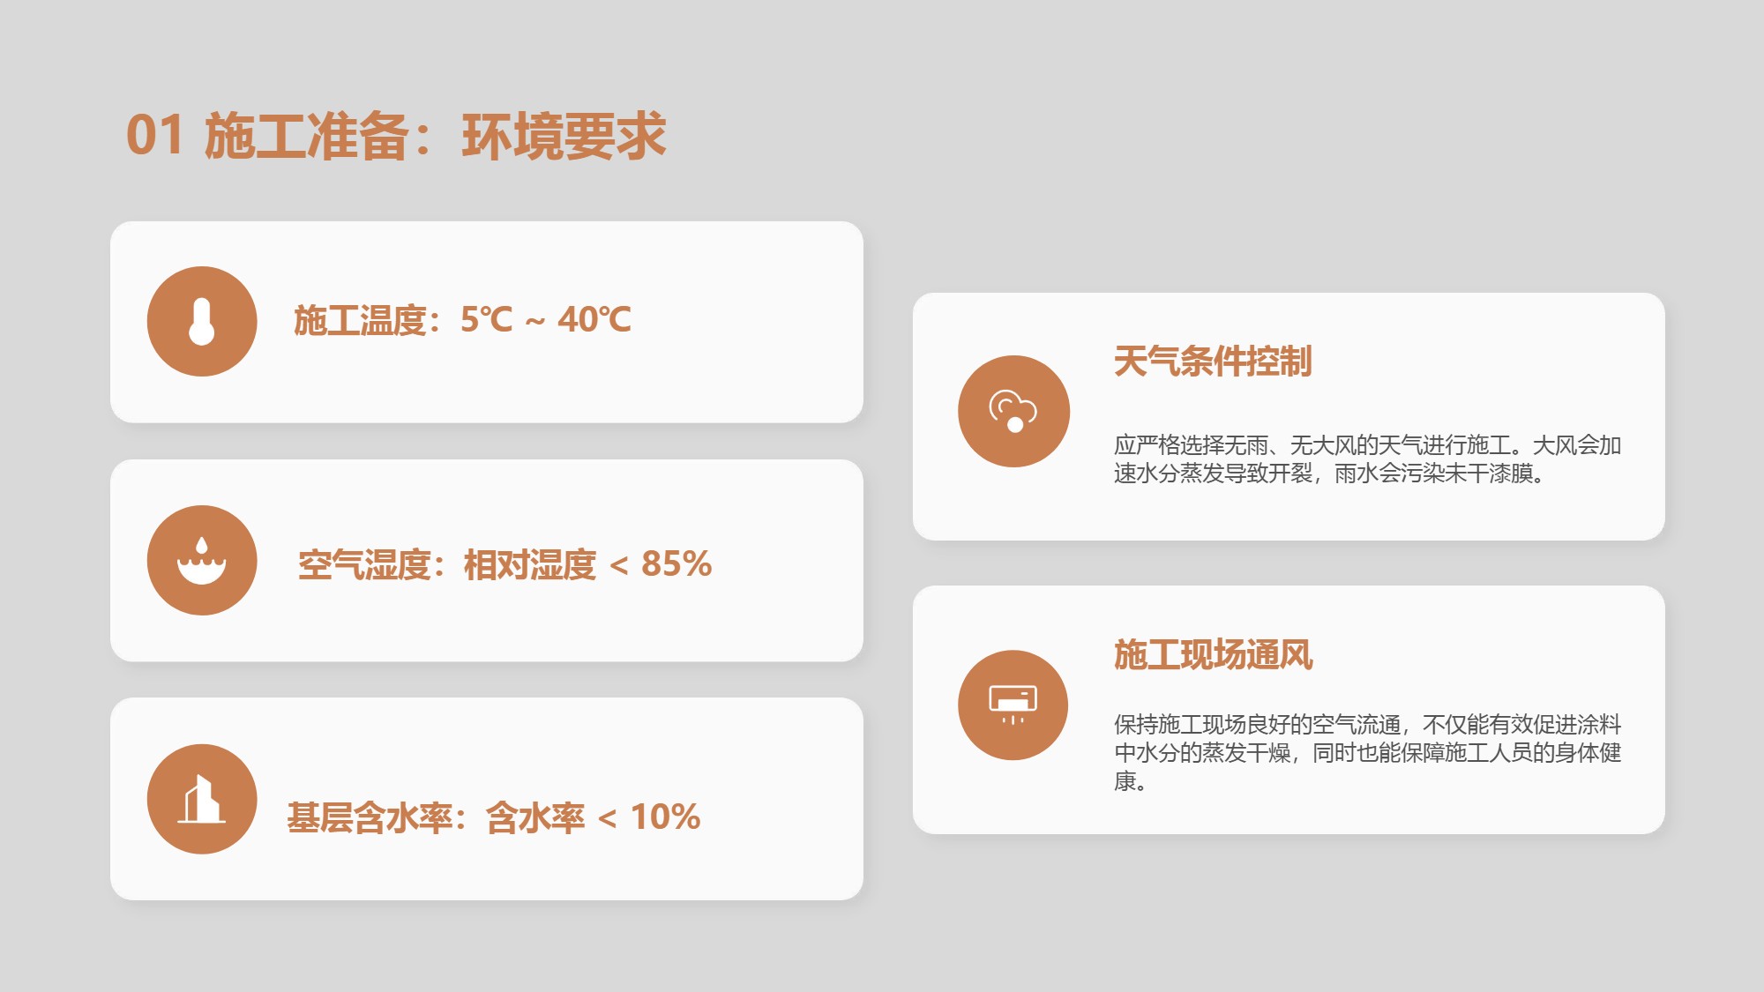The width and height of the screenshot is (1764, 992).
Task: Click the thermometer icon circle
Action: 202,321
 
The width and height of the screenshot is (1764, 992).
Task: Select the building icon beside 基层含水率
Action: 202,799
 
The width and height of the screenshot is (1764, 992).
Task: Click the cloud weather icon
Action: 1013,411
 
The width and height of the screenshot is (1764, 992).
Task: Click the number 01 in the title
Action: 155,136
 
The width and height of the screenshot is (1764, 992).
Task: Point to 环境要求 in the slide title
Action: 564,137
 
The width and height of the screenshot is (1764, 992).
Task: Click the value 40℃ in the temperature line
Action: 594,319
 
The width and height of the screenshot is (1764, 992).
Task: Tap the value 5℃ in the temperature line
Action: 486,319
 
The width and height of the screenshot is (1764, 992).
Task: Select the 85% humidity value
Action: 676,564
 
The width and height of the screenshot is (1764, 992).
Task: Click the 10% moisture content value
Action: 665,817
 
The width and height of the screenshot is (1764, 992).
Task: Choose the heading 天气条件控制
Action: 1213,362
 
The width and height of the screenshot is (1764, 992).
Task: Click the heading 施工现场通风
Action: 1213,655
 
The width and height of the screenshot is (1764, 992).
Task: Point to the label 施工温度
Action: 360,320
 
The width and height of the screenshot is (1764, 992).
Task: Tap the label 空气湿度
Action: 364,565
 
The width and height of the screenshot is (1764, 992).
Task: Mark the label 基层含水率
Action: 370,818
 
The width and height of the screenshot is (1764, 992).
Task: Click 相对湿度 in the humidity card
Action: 530,565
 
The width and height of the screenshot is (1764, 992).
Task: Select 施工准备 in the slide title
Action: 307,137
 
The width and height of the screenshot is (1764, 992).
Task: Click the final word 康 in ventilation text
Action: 1125,781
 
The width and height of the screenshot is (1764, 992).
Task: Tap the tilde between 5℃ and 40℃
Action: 535,323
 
